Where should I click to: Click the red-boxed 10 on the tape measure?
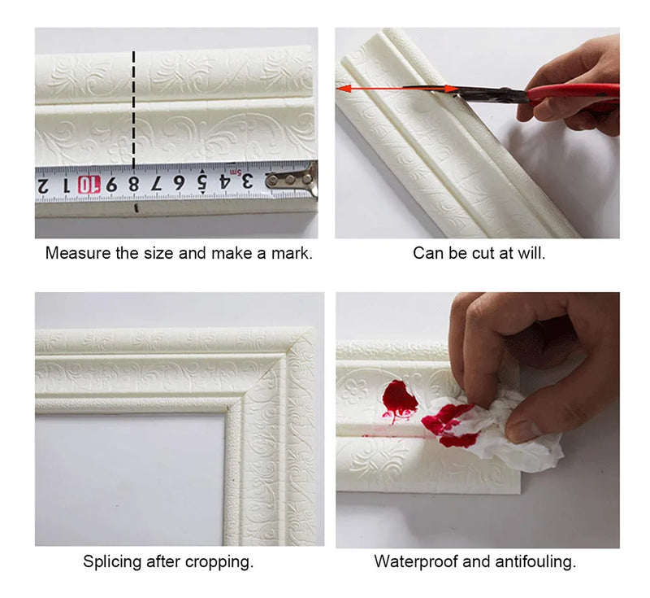pos(89,185)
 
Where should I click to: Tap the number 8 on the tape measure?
pos(133,183)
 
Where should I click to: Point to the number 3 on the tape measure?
pos(247,181)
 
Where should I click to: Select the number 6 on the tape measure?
pos(179,182)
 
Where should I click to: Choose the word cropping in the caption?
pos(219,563)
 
